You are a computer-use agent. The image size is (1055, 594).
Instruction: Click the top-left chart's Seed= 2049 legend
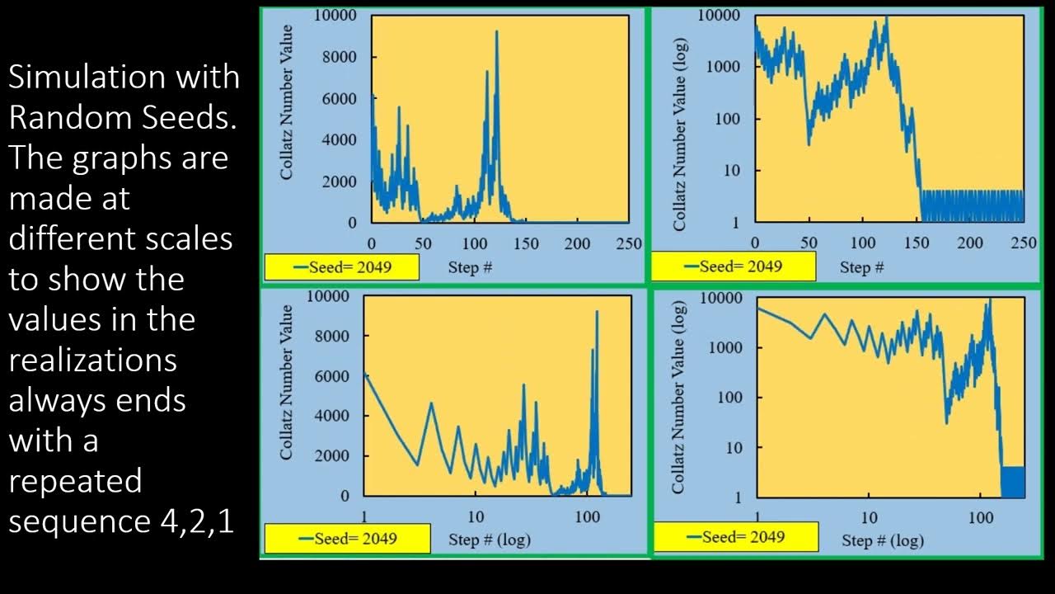tap(341, 267)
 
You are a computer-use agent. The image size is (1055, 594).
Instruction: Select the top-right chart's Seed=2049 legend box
tap(733, 266)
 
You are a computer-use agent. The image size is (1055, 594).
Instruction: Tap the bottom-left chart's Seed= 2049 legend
tap(347, 539)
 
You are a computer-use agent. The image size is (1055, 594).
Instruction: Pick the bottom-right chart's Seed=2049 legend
tap(735, 537)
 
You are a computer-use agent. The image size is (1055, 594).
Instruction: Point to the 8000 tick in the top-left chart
tap(340, 57)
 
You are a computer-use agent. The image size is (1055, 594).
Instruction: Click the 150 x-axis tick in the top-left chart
tap(526, 243)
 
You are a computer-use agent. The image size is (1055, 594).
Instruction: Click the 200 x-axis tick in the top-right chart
tap(970, 243)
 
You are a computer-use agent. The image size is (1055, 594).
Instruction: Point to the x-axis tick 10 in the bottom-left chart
tap(476, 517)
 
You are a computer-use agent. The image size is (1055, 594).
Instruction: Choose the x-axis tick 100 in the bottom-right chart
tap(980, 517)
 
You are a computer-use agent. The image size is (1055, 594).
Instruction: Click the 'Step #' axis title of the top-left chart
tap(470, 267)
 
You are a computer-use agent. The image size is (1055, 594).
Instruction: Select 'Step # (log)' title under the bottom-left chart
tap(490, 540)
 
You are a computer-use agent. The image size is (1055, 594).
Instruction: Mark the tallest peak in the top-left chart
tap(496, 33)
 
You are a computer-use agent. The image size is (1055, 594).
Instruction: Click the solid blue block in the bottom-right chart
tap(1013, 482)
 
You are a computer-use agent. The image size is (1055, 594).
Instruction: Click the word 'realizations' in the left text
tap(92, 360)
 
